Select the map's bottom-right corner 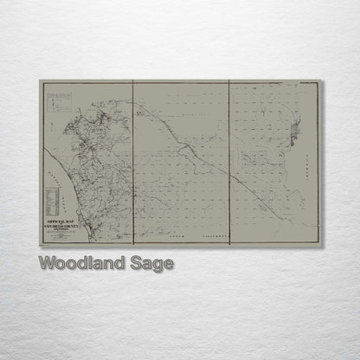pyautogui.click(x=322, y=246)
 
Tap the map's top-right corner pyautogui.click(x=322, y=81)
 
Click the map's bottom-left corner pyautogui.click(x=40, y=246)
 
